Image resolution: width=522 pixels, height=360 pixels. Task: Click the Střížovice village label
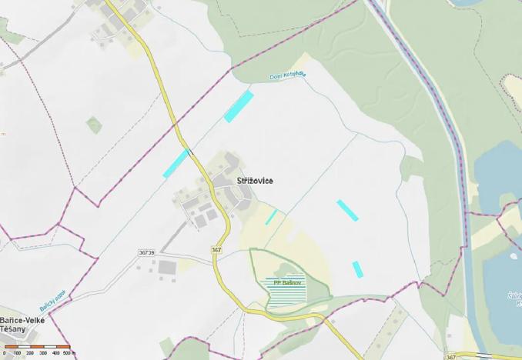click(254, 181)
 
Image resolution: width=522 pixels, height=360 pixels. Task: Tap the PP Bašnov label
click(286, 283)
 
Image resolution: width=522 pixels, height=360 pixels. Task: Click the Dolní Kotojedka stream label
click(287, 75)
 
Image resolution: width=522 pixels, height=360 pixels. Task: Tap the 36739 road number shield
click(146, 252)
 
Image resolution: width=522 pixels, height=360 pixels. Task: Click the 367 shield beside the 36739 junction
click(218, 250)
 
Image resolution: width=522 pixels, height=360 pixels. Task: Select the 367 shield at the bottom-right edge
click(450, 357)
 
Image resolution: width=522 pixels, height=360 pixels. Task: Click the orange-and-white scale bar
click(36, 347)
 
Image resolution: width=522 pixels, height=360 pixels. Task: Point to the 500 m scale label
click(69, 353)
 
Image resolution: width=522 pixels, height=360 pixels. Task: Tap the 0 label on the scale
click(4, 353)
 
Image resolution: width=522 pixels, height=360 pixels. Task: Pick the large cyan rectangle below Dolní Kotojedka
click(239, 106)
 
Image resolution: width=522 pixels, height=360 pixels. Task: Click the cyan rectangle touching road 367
click(176, 163)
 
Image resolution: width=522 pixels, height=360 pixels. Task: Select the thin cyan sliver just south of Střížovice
click(271, 217)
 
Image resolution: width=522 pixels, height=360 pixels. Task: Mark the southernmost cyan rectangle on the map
click(357, 269)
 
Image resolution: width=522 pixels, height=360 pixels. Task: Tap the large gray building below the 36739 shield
click(167, 268)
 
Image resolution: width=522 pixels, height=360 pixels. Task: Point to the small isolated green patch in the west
click(94, 125)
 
